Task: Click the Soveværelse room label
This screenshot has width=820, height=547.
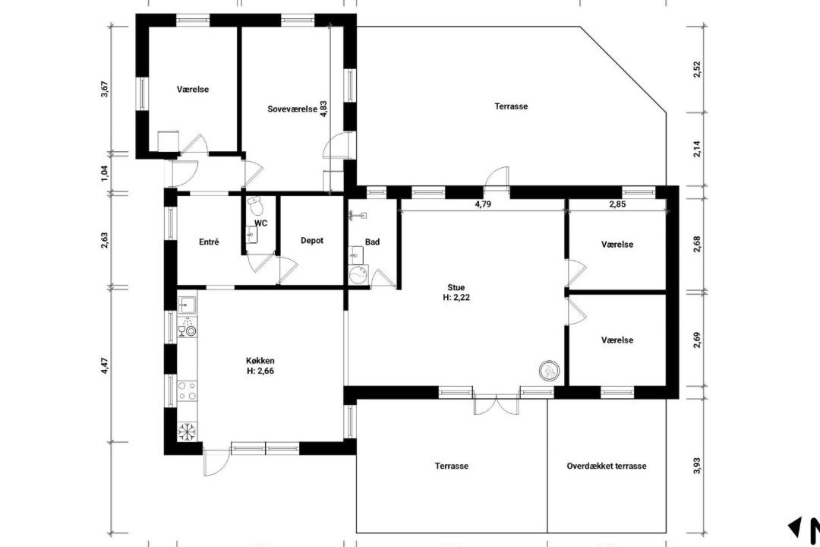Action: pos(292,109)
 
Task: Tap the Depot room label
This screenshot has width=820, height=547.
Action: pos(312,241)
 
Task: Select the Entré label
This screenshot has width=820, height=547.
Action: pos(209,242)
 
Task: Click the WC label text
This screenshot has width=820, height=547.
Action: pos(261,223)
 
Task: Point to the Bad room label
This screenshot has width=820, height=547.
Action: pos(372,242)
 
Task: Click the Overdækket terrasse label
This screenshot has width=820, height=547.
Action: pos(607,466)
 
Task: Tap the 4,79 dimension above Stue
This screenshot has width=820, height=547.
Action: pos(483,204)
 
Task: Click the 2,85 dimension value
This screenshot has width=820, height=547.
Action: pos(617,204)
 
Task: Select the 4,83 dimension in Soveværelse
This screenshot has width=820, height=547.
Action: pos(323,109)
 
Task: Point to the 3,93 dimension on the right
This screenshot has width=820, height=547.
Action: pos(696,466)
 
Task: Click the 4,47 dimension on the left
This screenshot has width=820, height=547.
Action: pos(105,365)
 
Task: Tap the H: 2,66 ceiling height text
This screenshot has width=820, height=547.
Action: pos(260,371)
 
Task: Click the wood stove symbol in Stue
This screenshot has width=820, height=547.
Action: pos(550,370)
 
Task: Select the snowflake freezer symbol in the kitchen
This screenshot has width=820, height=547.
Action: pos(187,432)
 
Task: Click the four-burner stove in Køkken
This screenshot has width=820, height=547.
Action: pos(188,390)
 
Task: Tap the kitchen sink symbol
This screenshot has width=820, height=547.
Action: pos(187,304)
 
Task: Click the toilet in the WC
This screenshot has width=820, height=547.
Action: pos(254,206)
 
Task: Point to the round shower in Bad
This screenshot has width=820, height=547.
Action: pos(358,275)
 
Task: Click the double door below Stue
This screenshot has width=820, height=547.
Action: pos(496,405)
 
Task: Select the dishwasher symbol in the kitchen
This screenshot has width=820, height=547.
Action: pos(187,327)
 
